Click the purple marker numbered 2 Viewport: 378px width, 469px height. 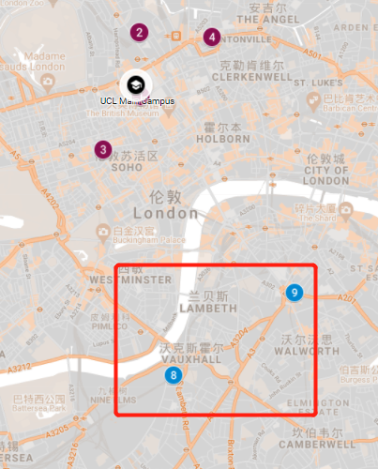coord(139,34)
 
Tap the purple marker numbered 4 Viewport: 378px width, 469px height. coord(212,38)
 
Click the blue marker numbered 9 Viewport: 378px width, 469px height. coord(295,294)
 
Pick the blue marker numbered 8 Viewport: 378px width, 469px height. coord(173,375)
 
